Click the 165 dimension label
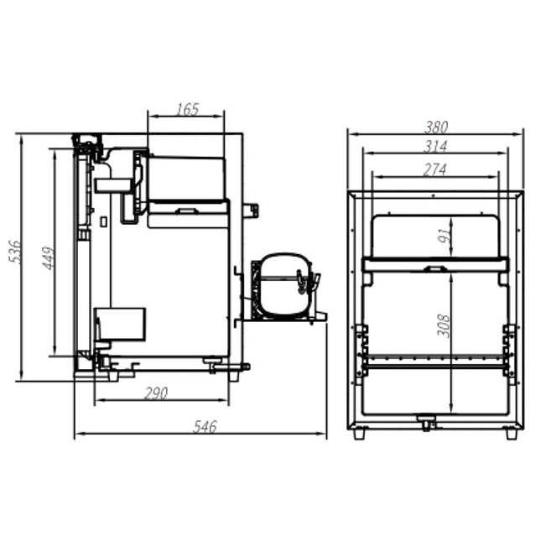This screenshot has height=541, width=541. click(187, 109)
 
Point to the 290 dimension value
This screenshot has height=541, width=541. click(156, 393)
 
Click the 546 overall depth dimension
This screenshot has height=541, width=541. click(205, 427)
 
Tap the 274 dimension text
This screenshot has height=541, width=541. click(435, 169)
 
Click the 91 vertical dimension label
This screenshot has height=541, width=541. click(445, 236)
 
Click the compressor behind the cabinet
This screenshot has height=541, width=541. click(283, 287)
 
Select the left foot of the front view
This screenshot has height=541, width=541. click(359, 434)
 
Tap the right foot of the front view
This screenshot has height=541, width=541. click(511, 434)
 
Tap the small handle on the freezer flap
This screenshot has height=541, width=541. click(434, 269)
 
